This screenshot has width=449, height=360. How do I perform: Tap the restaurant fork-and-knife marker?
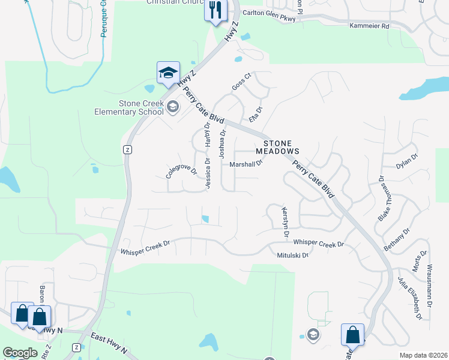(215, 10)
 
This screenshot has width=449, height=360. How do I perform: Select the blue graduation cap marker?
(168, 73)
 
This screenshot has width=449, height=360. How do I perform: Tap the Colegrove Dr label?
(182, 172)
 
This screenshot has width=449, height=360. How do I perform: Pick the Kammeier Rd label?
(369, 26)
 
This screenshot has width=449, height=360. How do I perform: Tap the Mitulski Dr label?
(292, 255)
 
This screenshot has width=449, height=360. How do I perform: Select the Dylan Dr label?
(406, 161)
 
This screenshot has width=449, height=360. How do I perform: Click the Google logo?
(20, 353)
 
